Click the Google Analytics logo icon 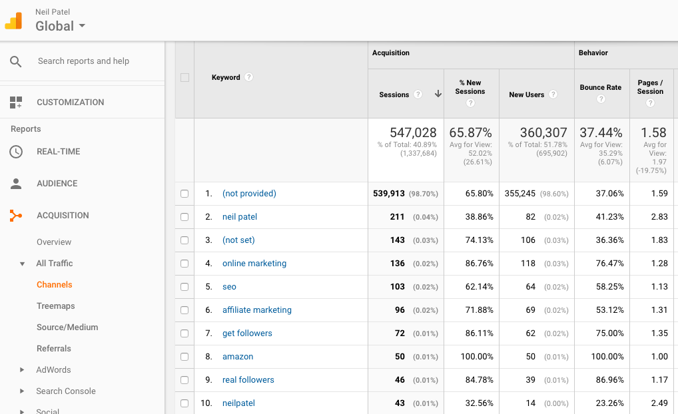point(14,21)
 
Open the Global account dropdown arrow point(82,27)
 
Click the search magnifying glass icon point(16,61)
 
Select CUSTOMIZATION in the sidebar point(70,103)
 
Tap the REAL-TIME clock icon point(16,152)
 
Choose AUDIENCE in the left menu point(57,184)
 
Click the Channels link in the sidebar point(54,285)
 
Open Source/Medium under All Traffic point(67,327)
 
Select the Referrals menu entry point(53,349)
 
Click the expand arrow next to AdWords point(22,370)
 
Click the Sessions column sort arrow point(438,95)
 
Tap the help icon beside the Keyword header point(248,77)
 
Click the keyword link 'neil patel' point(239,217)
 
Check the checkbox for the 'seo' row point(184,287)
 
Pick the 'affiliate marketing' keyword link point(256,310)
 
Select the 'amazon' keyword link point(237,357)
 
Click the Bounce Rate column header point(600,88)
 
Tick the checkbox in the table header point(184,78)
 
